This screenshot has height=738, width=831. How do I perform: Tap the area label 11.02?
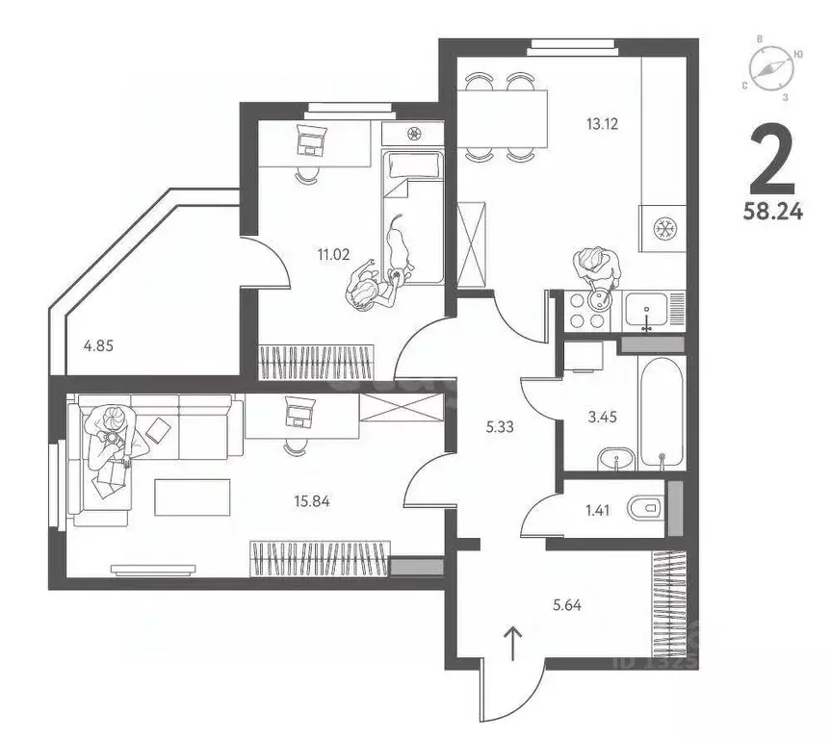335,255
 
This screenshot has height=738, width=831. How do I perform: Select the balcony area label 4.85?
97,345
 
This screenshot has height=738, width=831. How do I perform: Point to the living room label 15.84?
314,499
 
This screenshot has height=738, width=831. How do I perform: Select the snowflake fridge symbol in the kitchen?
662,229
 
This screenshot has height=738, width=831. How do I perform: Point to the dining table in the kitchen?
501,117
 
